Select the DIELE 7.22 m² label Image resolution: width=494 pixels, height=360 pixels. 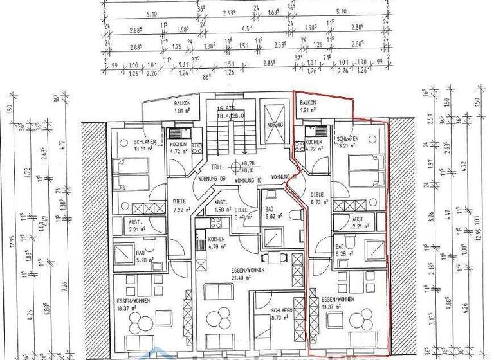(177, 206)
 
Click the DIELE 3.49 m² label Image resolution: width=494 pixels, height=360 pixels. (242, 213)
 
